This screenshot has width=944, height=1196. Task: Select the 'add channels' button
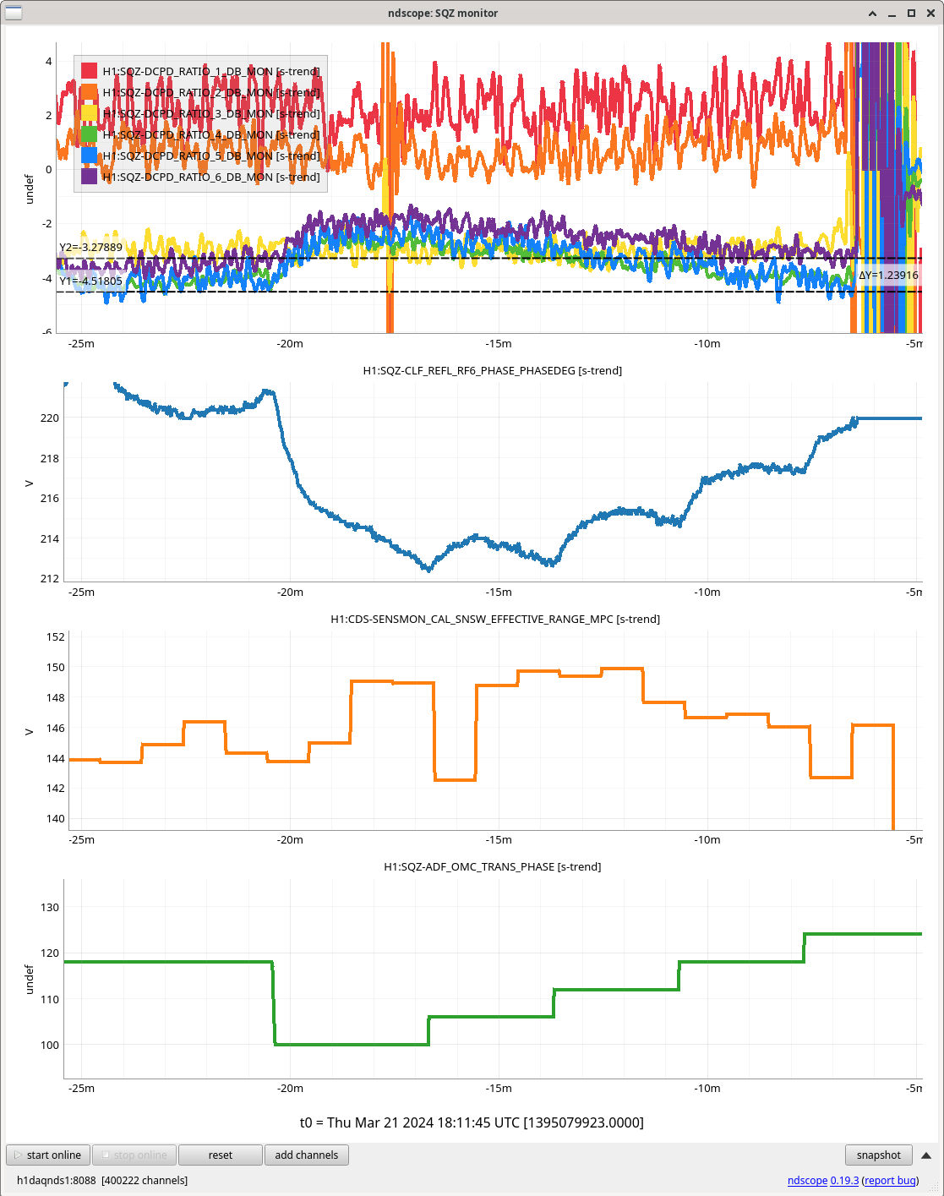(306, 1155)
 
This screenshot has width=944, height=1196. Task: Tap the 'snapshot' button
(878, 1155)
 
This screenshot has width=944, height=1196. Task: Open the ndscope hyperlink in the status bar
(807, 1180)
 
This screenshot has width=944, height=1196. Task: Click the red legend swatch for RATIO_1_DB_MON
(90, 71)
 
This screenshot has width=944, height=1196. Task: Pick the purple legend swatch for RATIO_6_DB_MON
(90, 177)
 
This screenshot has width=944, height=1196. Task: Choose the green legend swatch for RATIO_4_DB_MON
(90, 134)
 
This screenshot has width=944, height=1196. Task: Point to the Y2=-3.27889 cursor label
(90, 248)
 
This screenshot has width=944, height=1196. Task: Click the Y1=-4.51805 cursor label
(90, 281)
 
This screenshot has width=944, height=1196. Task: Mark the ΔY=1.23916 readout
(888, 276)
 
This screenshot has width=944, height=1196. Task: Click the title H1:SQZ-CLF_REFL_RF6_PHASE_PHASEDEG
(492, 370)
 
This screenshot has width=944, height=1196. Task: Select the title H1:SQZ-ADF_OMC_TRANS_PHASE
(492, 866)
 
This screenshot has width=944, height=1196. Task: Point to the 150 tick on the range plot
(56, 667)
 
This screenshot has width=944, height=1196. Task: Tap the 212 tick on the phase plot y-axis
(50, 578)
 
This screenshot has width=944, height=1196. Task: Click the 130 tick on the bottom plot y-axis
(50, 907)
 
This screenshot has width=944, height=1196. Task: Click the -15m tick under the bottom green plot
(499, 1088)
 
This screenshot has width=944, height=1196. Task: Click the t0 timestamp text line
(472, 1122)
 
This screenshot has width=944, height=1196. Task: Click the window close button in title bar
(929, 13)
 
